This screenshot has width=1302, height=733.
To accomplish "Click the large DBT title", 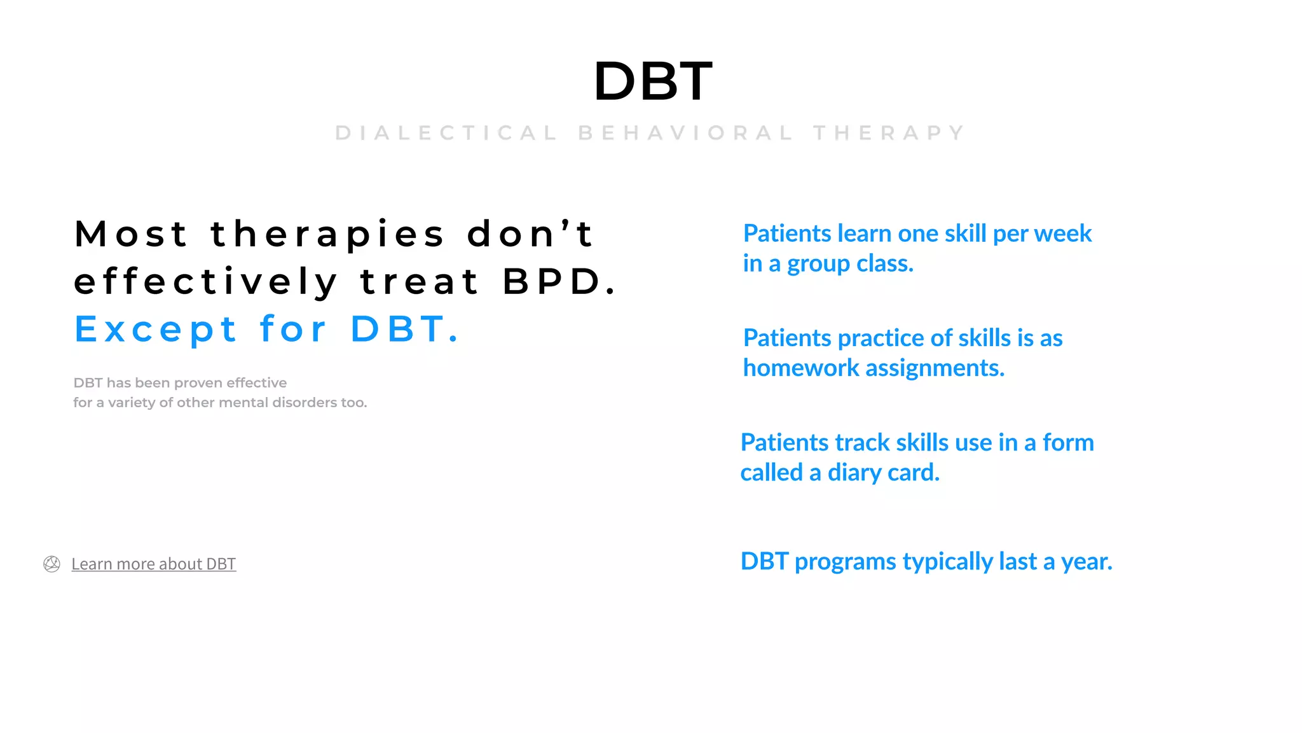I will [652, 81].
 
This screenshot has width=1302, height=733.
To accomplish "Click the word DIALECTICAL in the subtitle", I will [446, 133].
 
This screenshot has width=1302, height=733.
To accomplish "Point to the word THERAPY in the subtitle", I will [889, 133].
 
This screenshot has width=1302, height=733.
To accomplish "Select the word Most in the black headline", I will [131, 234].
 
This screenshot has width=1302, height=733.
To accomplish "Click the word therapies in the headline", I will [327, 234].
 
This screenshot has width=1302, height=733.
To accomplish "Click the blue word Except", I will [156, 329].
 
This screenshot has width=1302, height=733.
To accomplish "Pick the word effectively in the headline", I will [206, 281].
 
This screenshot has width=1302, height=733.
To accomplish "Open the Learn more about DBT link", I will [153, 564].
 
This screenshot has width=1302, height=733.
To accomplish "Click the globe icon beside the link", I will [51, 564].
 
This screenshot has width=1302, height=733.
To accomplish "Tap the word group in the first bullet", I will [818, 264].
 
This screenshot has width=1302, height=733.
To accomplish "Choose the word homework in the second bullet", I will [801, 368].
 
